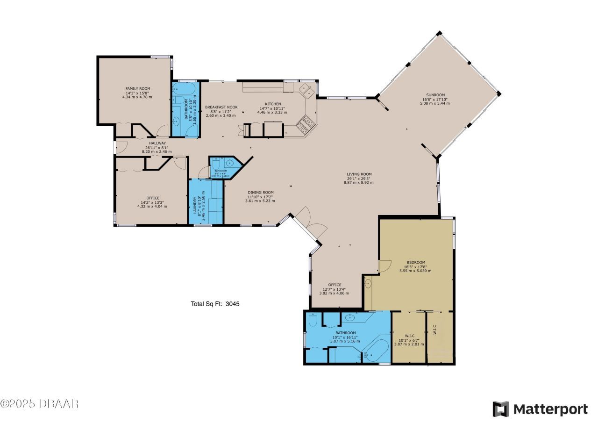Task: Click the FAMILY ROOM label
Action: pos(137,88)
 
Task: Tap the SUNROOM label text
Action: pos(435,95)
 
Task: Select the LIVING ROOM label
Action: pos(359,174)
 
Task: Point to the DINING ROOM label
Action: pos(260,192)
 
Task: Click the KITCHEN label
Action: pos(273,104)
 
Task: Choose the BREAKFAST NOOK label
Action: pos(221,107)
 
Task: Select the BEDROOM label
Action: pos(415,262)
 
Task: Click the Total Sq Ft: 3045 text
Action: pos(215,304)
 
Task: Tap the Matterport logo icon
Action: pos(501,409)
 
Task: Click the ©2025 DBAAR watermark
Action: pos(40,403)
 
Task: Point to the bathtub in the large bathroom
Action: pos(376,351)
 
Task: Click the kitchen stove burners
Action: pos(306,123)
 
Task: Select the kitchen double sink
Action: pos(306,90)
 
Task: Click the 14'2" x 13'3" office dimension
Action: pos(152,202)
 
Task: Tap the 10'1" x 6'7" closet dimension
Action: pos(409,339)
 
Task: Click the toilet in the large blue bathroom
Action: pos(313,320)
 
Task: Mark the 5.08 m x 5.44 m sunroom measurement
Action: pos(435,103)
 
